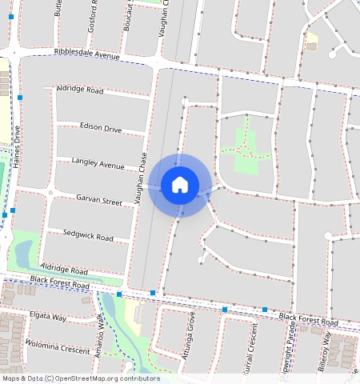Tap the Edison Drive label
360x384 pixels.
tap(101, 128)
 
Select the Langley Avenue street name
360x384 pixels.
tap(98, 163)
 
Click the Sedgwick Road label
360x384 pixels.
tap(88, 236)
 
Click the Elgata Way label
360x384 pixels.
tap(47, 316)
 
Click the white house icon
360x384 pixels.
tap(180, 185)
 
